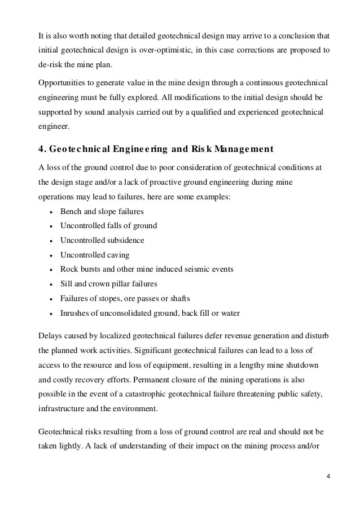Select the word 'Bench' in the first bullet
click(x=70, y=211)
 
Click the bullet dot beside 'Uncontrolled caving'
click(x=51, y=255)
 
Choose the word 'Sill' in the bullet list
click(x=66, y=284)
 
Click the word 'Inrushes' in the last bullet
click(x=74, y=313)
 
